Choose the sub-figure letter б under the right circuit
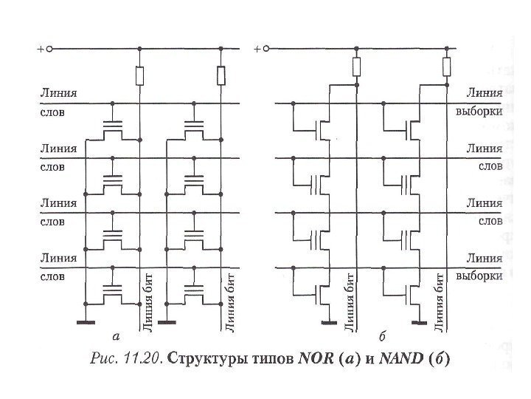(381, 336)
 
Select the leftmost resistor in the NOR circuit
(139, 75)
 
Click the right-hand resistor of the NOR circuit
(221, 75)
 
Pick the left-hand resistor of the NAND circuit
(356, 68)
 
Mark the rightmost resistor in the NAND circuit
(445, 68)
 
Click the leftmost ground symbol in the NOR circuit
(86, 323)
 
